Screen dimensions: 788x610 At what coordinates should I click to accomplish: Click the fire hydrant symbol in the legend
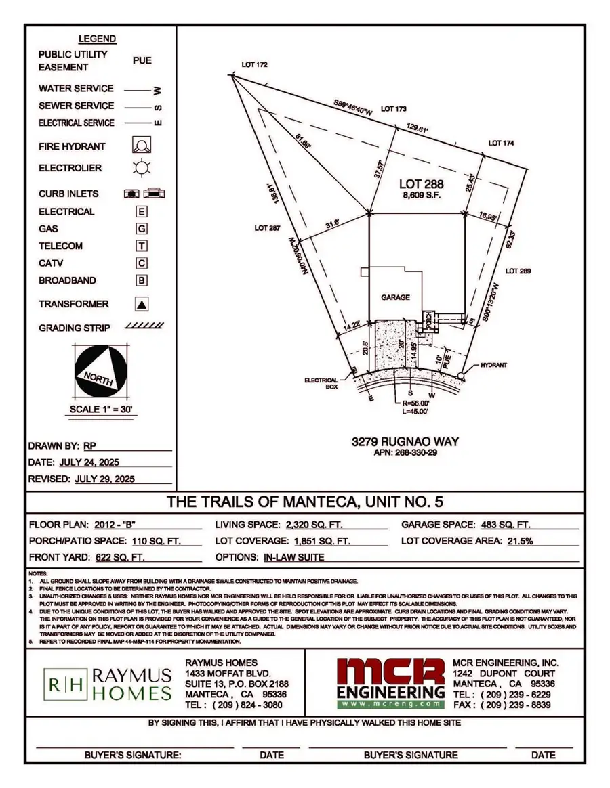click(x=141, y=146)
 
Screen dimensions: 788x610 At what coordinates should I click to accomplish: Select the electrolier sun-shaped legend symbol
click(x=141, y=168)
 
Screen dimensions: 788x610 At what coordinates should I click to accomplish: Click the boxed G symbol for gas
click(x=142, y=229)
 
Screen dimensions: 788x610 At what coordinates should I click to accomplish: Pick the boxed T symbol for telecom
click(x=142, y=246)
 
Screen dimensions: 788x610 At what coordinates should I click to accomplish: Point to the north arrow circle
click(x=100, y=372)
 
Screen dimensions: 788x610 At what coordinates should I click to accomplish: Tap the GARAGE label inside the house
click(x=395, y=297)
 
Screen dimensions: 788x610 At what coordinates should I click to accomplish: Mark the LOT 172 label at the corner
click(x=255, y=65)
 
